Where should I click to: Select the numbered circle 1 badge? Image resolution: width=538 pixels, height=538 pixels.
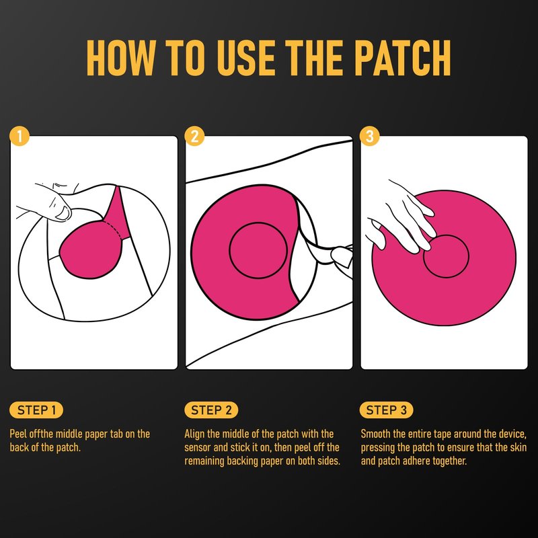(20, 137)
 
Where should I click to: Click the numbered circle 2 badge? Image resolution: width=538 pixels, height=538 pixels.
(194, 137)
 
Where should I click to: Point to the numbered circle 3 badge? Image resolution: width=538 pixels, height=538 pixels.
(369, 137)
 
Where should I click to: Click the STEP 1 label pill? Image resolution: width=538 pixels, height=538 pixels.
(36, 410)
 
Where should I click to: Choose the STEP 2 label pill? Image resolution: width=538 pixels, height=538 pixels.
(211, 410)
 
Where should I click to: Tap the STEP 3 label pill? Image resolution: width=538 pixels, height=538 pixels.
(386, 410)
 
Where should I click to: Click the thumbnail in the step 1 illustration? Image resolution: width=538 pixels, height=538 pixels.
(63, 213)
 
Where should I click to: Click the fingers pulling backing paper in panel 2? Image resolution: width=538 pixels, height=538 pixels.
(342, 258)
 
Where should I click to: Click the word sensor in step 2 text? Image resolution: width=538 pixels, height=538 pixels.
(197, 447)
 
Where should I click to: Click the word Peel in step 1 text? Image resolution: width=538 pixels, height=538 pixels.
(18, 434)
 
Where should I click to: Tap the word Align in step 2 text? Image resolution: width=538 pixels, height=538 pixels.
(194, 434)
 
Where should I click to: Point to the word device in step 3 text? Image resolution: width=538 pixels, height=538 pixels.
(512, 434)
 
